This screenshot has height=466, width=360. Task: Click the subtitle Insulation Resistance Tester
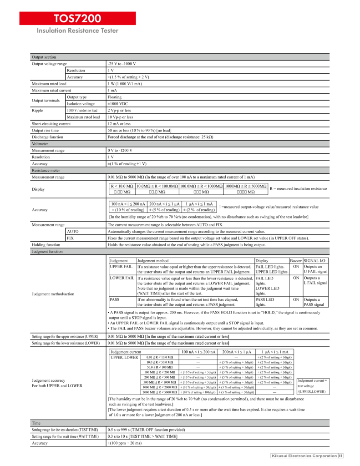point(78,31)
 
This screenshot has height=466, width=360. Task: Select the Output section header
point(44,57)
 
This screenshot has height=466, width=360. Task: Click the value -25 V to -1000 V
point(122,64)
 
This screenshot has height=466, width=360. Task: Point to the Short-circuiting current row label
point(51,123)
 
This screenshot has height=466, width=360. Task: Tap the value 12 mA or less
point(119,123)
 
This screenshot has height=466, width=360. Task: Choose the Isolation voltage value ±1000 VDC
point(121,104)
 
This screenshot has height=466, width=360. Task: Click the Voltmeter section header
point(40,143)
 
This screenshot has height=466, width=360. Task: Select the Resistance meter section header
point(46,170)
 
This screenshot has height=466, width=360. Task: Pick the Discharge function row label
point(47,137)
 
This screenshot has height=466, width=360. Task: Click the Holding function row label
point(46,244)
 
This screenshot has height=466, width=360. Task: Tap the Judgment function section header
point(47,251)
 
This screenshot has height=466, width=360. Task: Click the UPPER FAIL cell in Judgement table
point(121,266)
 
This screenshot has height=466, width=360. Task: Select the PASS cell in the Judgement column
point(115,300)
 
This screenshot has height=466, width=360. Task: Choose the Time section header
point(36,423)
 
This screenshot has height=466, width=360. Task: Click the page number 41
point(340,456)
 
